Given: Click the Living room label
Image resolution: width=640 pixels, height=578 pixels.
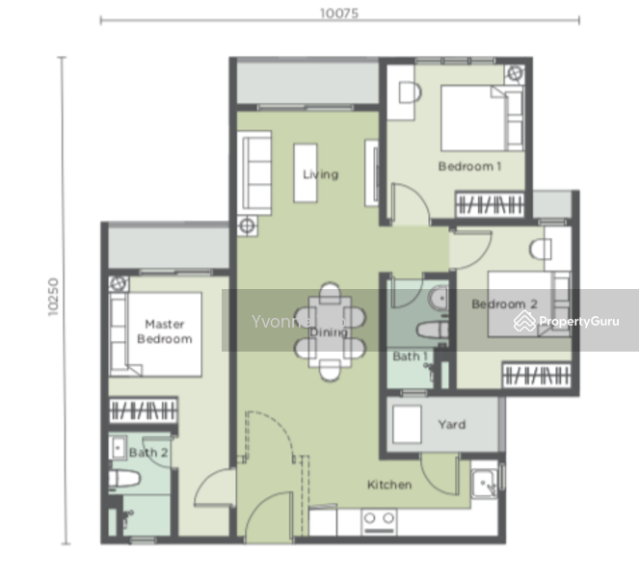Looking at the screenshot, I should pos(320,174).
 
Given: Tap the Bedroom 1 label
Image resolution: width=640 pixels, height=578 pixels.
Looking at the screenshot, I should pos(469,166).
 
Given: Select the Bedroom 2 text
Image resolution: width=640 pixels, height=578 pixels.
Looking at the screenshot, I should pos(504,304).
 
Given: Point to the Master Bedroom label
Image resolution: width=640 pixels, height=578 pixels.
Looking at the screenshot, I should pos(164,331).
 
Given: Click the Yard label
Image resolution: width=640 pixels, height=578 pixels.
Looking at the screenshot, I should pos(451,424).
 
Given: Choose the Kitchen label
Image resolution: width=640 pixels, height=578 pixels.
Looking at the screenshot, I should pos(388,485).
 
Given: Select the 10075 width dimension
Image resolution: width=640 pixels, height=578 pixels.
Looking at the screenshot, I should pos(340,13).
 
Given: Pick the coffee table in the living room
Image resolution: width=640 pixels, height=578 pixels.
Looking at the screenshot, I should pos(305,173).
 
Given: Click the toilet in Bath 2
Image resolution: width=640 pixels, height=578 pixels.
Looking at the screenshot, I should pos(125,479).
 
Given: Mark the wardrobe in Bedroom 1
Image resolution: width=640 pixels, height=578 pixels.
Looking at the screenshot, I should pos(491,204).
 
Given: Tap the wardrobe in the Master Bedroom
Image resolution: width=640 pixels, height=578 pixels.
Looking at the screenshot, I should pos(143,409).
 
